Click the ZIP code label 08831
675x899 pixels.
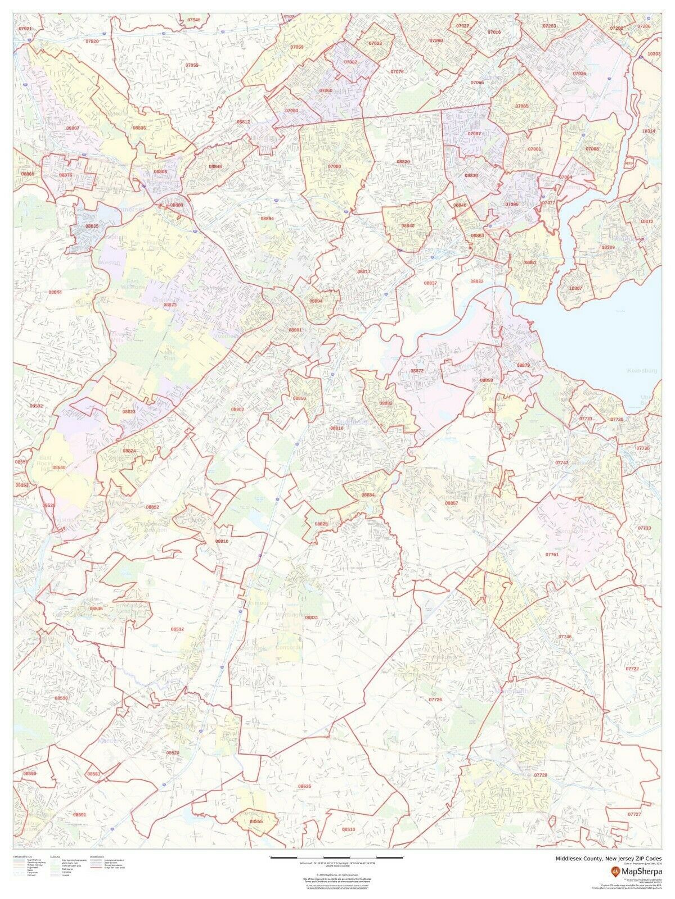[x=312, y=618]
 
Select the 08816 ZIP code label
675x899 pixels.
[x=337, y=428]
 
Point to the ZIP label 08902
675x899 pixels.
[x=237, y=409]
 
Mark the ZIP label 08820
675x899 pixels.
[x=403, y=162]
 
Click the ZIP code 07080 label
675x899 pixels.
[x=335, y=167]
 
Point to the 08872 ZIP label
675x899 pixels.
[x=417, y=371]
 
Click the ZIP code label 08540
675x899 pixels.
[x=58, y=467]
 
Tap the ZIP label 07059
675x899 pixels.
[x=192, y=65]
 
